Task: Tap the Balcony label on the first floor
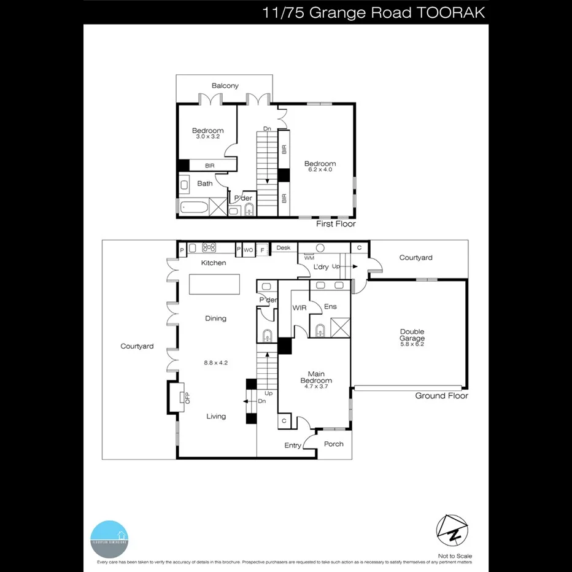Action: tap(225, 86)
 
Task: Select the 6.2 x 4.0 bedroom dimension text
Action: tap(320, 170)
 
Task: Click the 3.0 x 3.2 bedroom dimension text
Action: tap(207, 137)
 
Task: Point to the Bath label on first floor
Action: tap(204, 184)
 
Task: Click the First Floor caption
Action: tap(336, 224)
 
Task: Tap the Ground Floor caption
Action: tap(441, 396)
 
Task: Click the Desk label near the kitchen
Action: tap(283, 248)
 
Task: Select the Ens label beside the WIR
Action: tap(330, 306)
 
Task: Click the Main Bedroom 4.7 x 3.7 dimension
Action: tap(316, 388)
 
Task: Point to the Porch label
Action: tap(333, 444)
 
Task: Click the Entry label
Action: tap(293, 446)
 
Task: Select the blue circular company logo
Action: tap(109, 538)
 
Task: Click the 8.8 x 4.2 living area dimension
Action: tap(215, 363)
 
